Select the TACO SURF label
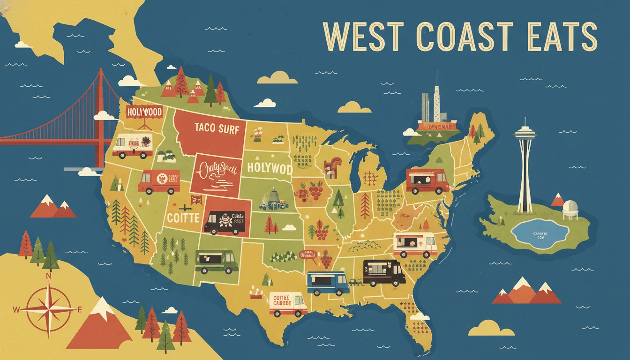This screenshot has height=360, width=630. (216, 128)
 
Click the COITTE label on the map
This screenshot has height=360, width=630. (183, 218)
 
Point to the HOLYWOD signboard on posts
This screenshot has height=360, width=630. (144, 112)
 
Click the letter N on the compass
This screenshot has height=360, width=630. (48, 277)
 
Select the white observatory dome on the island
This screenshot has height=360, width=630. (570, 206)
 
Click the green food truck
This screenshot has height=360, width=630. (216, 262)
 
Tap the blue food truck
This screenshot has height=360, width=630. (328, 283)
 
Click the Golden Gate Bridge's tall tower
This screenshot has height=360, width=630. (100, 117)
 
